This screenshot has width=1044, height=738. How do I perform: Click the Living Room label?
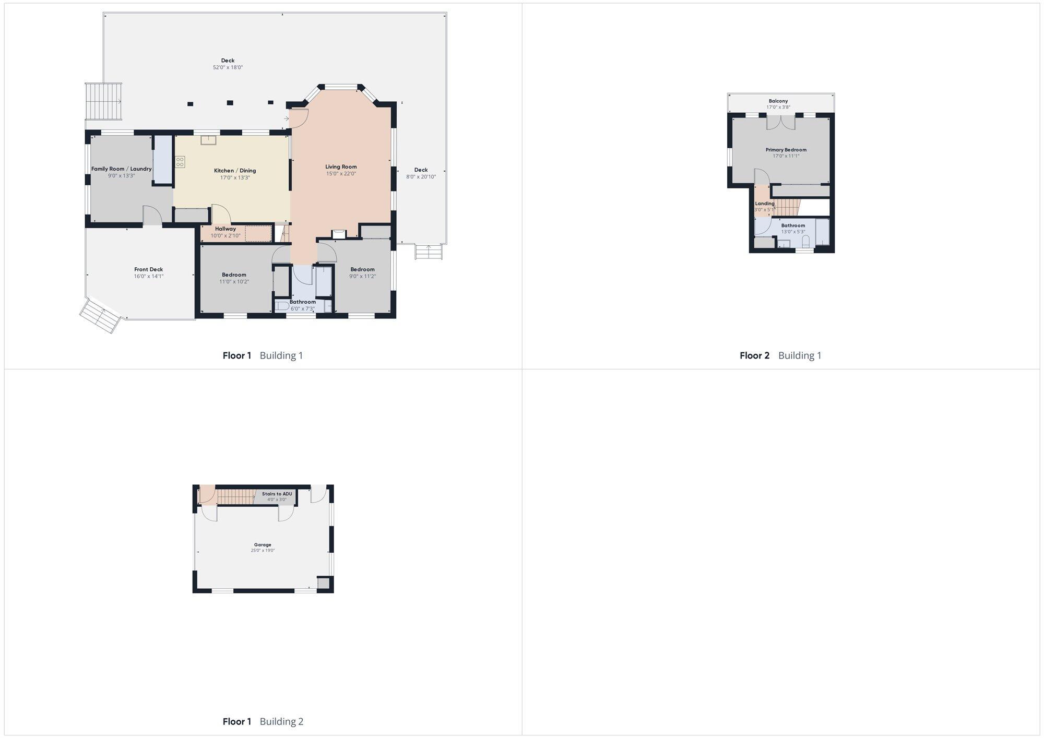[341, 167]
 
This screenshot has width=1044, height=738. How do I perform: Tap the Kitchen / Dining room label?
[235, 171]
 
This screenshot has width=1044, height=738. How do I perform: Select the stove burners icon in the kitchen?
[180, 162]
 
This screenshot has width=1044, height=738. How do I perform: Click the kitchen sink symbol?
[208, 140]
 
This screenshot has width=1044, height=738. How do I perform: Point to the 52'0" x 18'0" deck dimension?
[228, 67]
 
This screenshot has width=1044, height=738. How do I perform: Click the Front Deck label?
[149, 269]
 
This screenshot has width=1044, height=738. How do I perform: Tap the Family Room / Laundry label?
[121, 169]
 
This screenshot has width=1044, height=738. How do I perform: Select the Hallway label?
[226, 229]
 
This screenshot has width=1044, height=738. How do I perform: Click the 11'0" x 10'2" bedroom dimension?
[234, 282]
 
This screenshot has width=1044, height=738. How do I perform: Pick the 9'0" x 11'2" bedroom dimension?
[362, 276]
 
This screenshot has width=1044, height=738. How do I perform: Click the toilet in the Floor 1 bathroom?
[282, 305]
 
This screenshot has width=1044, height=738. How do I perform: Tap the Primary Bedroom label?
[786, 150]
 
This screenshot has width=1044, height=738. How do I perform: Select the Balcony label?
[778, 101]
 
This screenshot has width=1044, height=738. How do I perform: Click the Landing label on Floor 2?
[765, 204]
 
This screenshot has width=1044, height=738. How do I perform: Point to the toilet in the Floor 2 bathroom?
[805, 241]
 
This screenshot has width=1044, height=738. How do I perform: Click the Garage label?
[263, 544]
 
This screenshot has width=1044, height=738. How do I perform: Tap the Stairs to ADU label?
[277, 494]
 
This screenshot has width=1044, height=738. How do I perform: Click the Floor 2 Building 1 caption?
[780, 355]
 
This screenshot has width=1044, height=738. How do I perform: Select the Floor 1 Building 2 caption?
[263, 721]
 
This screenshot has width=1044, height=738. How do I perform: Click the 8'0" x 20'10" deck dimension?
[421, 177]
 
